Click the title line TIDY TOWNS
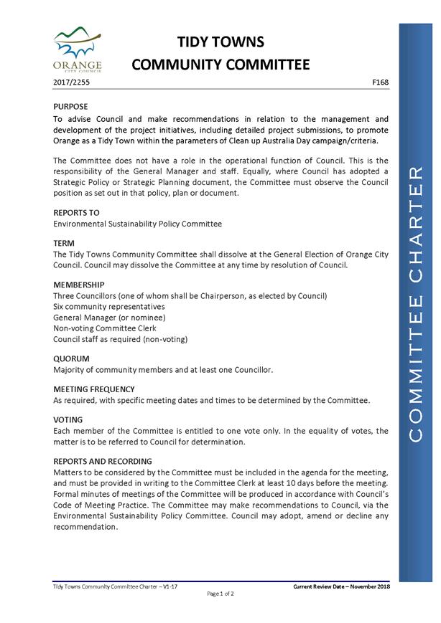220,42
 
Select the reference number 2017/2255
72,83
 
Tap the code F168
381,83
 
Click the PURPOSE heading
71,106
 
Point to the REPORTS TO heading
76,213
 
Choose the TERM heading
65,244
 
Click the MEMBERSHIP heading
79,285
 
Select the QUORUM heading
71,358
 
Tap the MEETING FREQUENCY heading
94,389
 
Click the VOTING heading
68,420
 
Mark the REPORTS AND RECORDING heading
103,462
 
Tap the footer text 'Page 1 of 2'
220,594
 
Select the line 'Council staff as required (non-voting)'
120,339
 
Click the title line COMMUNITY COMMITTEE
220,65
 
